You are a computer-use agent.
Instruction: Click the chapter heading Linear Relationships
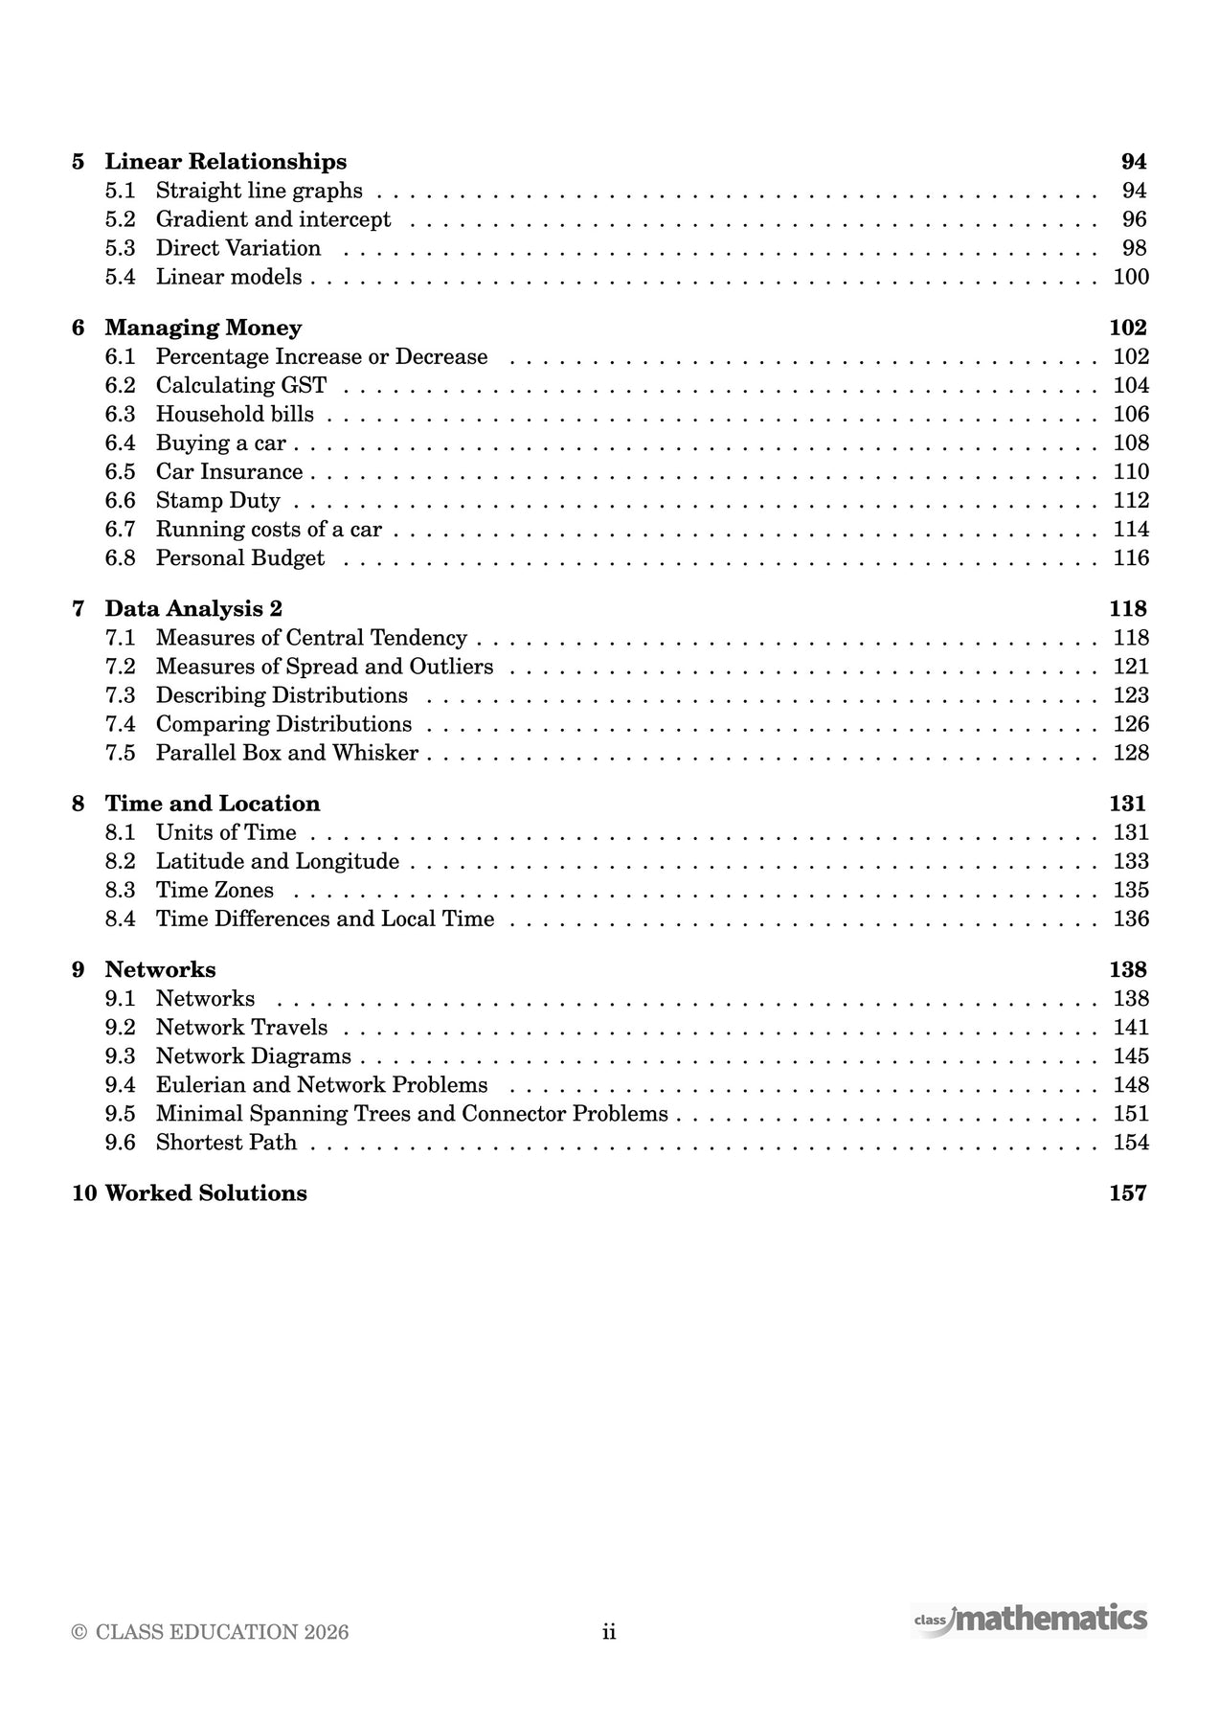tap(225, 162)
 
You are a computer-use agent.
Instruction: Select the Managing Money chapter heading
tap(203, 328)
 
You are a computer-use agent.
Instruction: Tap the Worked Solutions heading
tap(206, 1193)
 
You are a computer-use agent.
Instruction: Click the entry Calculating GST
tap(241, 385)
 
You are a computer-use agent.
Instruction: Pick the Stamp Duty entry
tap(218, 500)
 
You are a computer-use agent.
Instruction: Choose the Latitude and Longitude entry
tap(278, 861)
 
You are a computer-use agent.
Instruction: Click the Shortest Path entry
tap(227, 1142)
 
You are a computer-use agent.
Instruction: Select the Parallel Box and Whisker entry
tap(287, 753)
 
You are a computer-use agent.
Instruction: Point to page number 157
tap(1127, 1193)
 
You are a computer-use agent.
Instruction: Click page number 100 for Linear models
tap(1130, 277)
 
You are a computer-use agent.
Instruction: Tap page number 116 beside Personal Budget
tap(1130, 557)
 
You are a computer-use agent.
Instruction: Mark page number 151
tap(1130, 1113)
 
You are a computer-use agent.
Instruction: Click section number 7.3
tap(121, 695)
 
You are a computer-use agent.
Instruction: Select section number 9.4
tap(121, 1084)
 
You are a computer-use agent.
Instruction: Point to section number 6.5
tap(121, 471)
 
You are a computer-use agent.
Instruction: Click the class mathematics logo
tap(1029, 1619)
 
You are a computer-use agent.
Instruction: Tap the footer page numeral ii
tap(609, 1632)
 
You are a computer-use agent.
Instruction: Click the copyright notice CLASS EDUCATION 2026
tap(211, 1632)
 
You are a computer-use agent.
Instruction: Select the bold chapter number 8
tap(79, 804)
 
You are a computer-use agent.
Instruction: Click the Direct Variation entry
tap(238, 248)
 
